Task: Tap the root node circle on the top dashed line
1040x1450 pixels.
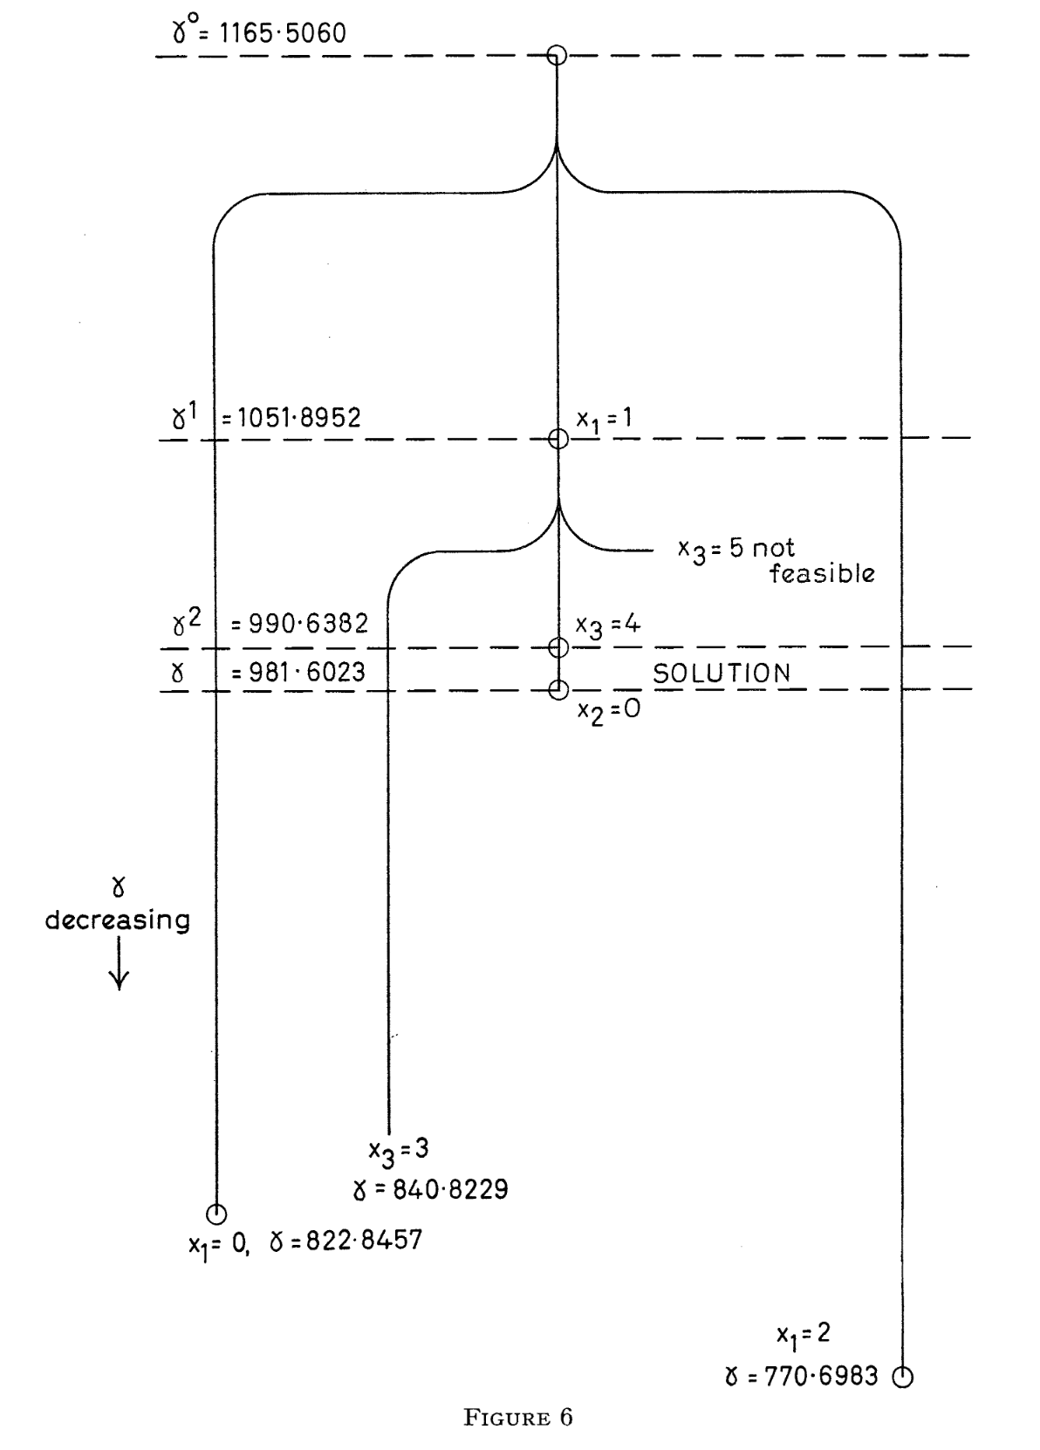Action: point(557,56)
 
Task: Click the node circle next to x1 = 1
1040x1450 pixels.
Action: point(558,438)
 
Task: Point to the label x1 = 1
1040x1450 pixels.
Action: point(604,420)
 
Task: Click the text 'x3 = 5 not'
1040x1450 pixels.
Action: point(736,549)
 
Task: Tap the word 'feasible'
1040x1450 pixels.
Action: point(822,574)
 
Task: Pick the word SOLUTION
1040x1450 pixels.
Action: point(722,673)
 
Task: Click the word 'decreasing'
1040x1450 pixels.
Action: point(118,920)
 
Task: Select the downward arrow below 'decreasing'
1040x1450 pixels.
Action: point(118,968)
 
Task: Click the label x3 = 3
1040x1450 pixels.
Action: point(398,1151)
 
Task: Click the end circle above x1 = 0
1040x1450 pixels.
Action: point(216,1213)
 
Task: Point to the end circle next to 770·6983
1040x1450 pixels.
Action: point(903,1377)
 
